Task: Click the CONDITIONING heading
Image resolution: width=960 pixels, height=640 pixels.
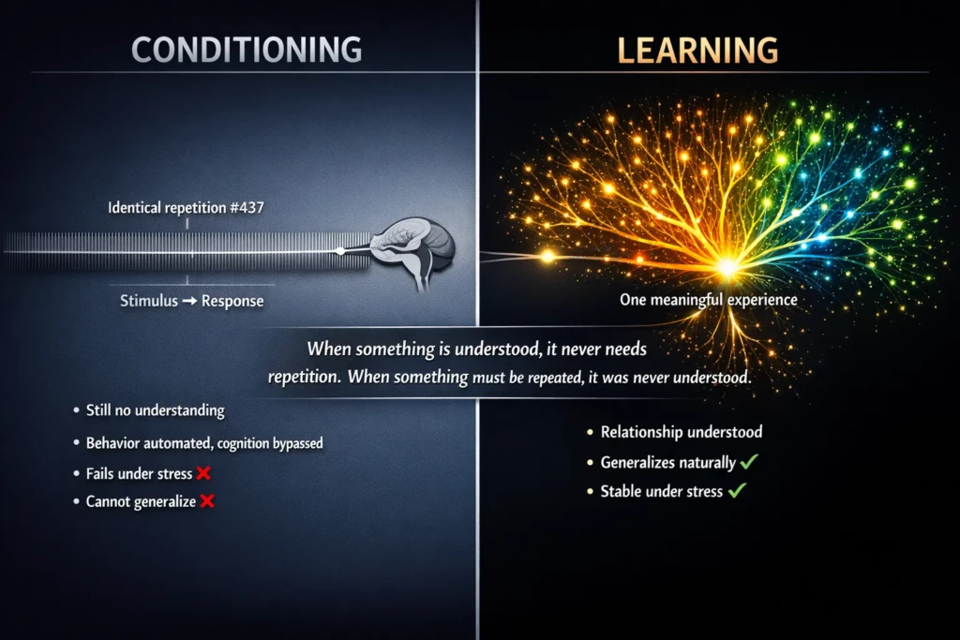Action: [247, 51]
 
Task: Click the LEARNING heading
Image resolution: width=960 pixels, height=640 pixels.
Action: [697, 51]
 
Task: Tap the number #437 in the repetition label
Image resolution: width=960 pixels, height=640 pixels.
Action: [247, 207]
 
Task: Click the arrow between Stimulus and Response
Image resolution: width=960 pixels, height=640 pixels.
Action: [189, 301]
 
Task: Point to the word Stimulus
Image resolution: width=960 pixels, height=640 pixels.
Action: [149, 301]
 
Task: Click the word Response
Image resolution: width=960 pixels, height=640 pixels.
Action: [232, 302]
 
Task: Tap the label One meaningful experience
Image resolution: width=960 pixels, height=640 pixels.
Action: [709, 300]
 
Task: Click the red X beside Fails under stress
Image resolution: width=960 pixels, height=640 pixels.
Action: [203, 473]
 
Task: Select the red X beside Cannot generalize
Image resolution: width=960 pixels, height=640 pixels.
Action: [207, 501]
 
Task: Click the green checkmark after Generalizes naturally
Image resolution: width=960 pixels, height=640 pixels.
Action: [749, 461]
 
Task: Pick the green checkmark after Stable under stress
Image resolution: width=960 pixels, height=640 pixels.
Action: [737, 490]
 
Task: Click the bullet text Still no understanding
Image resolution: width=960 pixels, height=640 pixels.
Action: [156, 409]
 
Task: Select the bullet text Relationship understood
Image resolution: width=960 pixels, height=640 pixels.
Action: [682, 432]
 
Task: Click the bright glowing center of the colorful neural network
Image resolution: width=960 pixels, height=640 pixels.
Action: [727, 267]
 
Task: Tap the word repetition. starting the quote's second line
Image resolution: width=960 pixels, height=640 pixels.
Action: [305, 377]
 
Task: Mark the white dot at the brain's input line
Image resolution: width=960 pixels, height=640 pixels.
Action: [340, 251]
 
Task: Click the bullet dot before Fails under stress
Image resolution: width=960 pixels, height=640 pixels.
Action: [77, 473]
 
